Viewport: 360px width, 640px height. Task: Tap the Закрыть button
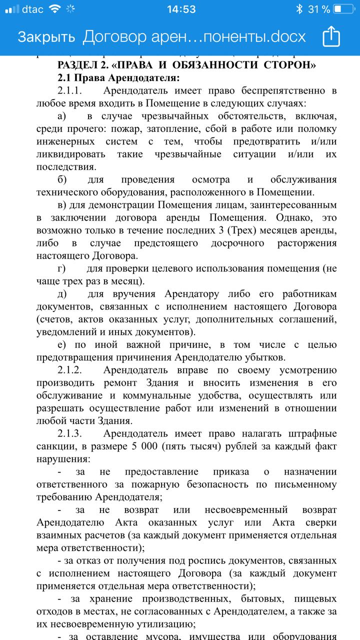coord(46,37)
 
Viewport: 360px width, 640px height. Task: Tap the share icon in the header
coord(331,36)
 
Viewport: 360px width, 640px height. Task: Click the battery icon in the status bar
coord(344,9)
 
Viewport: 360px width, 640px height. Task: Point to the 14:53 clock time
coord(181,9)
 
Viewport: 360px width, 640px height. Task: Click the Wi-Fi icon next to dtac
coord(55,9)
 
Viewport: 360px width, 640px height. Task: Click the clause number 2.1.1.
coord(69,91)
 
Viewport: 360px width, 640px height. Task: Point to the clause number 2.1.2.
coord(69,370)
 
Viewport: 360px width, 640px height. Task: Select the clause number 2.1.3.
coord(69,433)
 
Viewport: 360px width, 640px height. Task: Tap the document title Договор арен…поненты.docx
coord(194,37)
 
